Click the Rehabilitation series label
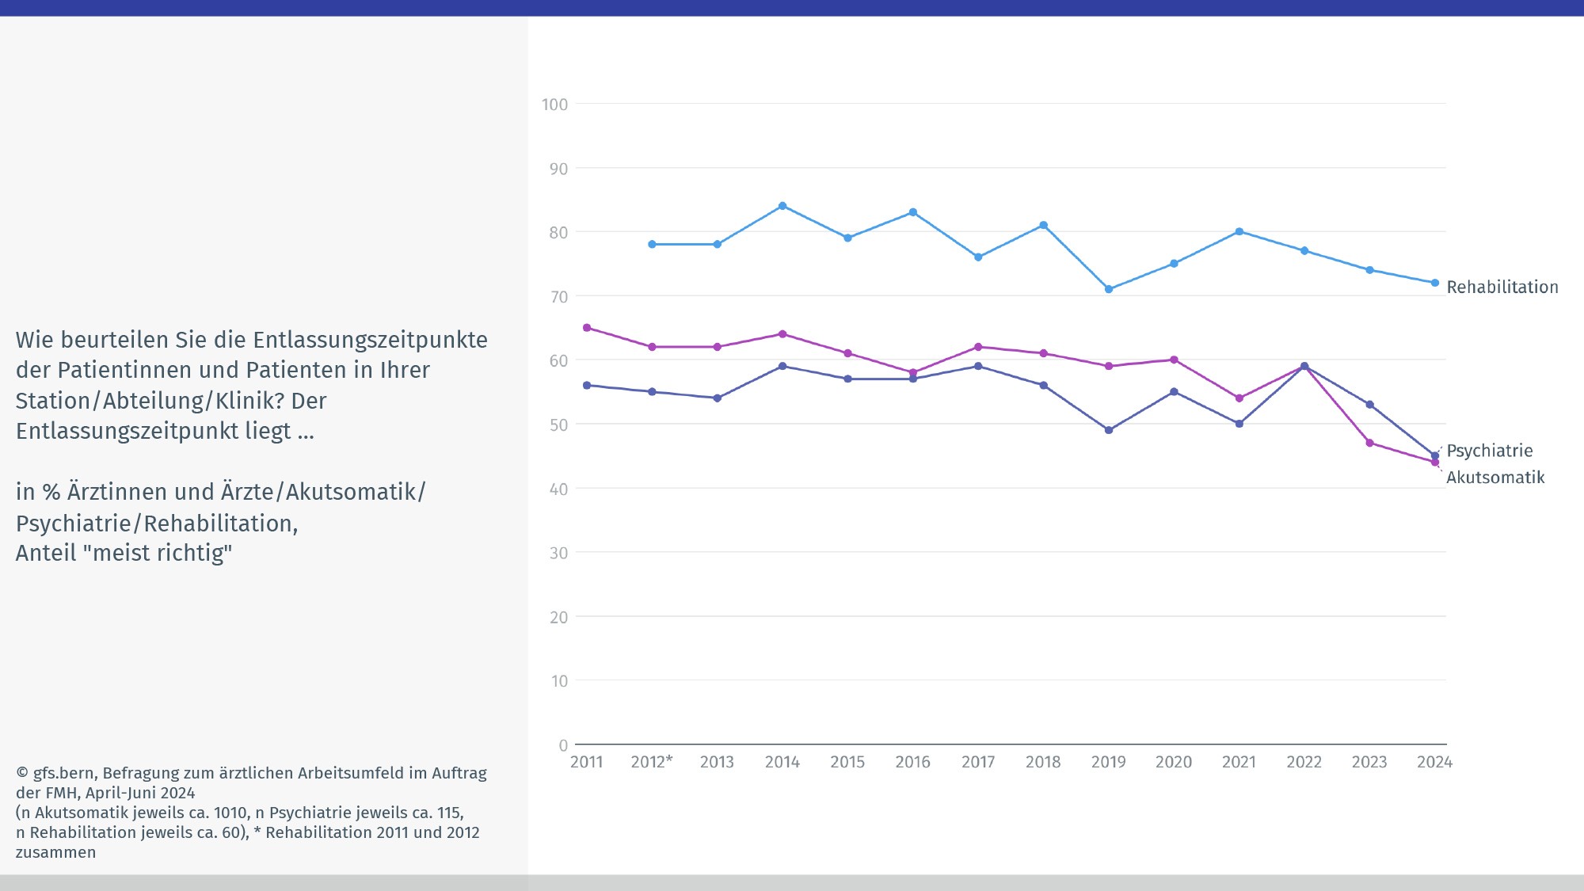tap(1502, 287)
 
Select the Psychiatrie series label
tap(1489, 451)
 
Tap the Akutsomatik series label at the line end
tap(1495, 477)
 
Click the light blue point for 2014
tap(782, 206)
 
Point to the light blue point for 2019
tap(1109, 289)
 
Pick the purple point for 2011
tap(587, 328)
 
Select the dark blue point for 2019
tap(1109, 430)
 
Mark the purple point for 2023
tap(1369, 443)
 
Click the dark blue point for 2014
tap(782, 366)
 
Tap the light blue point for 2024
tap(1434, 283)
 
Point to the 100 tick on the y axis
tap(554, 105)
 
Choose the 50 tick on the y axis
tap(558, 425)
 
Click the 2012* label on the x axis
tap(651, 762)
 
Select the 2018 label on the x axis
tap(1043, 762)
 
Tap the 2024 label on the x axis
tap(1434, 762)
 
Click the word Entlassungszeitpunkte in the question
tap(370, 340)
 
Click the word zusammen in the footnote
tap(55, 852)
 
